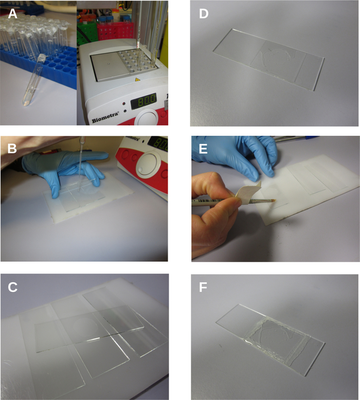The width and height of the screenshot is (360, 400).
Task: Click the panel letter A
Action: tap(12, 14)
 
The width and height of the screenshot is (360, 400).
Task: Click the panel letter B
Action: tap(12, 148)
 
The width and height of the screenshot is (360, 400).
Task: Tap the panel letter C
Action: tap(12, 287)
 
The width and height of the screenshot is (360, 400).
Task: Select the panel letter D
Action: tap(204, 14)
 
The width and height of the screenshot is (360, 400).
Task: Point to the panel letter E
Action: tap(203, 149)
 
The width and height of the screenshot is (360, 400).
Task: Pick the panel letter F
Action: tap(203, 287)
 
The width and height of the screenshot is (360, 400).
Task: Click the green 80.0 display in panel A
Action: tap(143, 100)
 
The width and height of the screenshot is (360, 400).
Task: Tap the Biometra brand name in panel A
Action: tap(105, 117)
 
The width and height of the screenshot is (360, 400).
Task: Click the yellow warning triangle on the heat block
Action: tap(137, 80)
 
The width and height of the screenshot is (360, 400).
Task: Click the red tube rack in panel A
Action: tap(115, 30)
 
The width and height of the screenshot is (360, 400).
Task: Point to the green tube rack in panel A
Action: tap(87, 33)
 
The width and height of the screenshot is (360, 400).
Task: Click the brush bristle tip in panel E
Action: tap(273, 201)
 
